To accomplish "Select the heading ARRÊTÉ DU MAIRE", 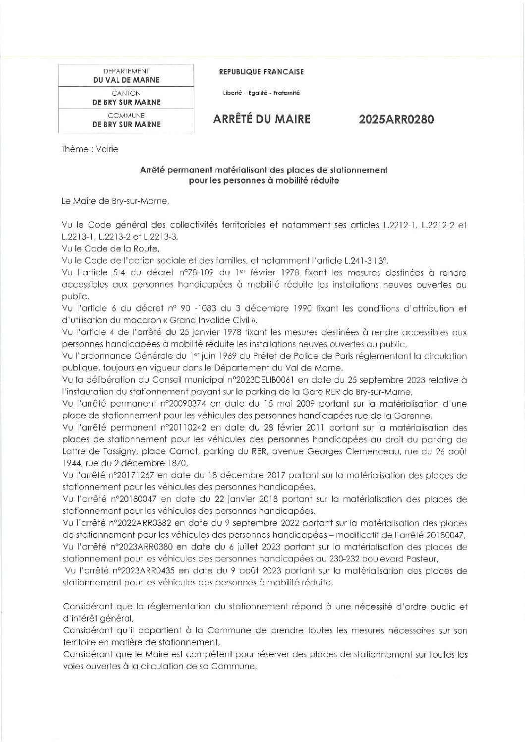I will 261,120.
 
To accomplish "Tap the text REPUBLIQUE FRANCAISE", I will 261,72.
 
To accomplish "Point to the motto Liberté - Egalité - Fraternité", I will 261,93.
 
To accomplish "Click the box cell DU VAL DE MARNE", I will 126,80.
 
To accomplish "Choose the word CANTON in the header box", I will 126,93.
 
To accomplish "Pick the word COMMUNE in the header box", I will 126,115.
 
